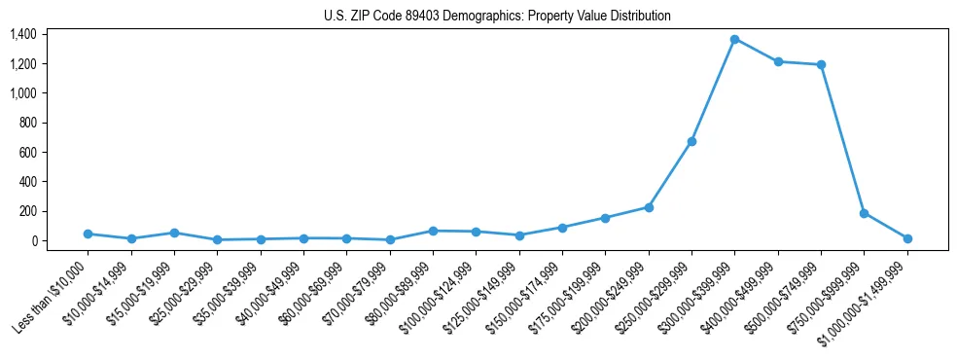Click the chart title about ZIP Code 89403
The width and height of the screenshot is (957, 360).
point(497,16)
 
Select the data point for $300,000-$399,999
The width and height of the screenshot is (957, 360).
point(734,39)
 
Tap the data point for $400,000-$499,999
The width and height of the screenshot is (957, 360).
point(778,61)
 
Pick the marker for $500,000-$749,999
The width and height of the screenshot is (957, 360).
point(821,64)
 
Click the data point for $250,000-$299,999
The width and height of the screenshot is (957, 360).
point(691,141)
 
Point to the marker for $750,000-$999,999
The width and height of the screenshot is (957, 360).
point(864,213)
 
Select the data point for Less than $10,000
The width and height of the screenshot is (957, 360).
point(89,234)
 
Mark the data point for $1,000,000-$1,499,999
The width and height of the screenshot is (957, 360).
point(907,238)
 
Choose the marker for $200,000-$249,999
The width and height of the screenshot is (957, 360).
point(649,207)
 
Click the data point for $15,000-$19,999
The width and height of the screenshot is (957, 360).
point(174,233)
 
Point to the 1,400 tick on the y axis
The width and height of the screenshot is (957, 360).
point(23,34)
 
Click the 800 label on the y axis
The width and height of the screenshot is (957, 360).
point(27,123)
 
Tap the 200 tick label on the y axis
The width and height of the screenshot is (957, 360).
point(27,211)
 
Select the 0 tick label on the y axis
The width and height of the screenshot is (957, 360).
point(33,240)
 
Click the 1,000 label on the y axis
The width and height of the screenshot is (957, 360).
point(23,93)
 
